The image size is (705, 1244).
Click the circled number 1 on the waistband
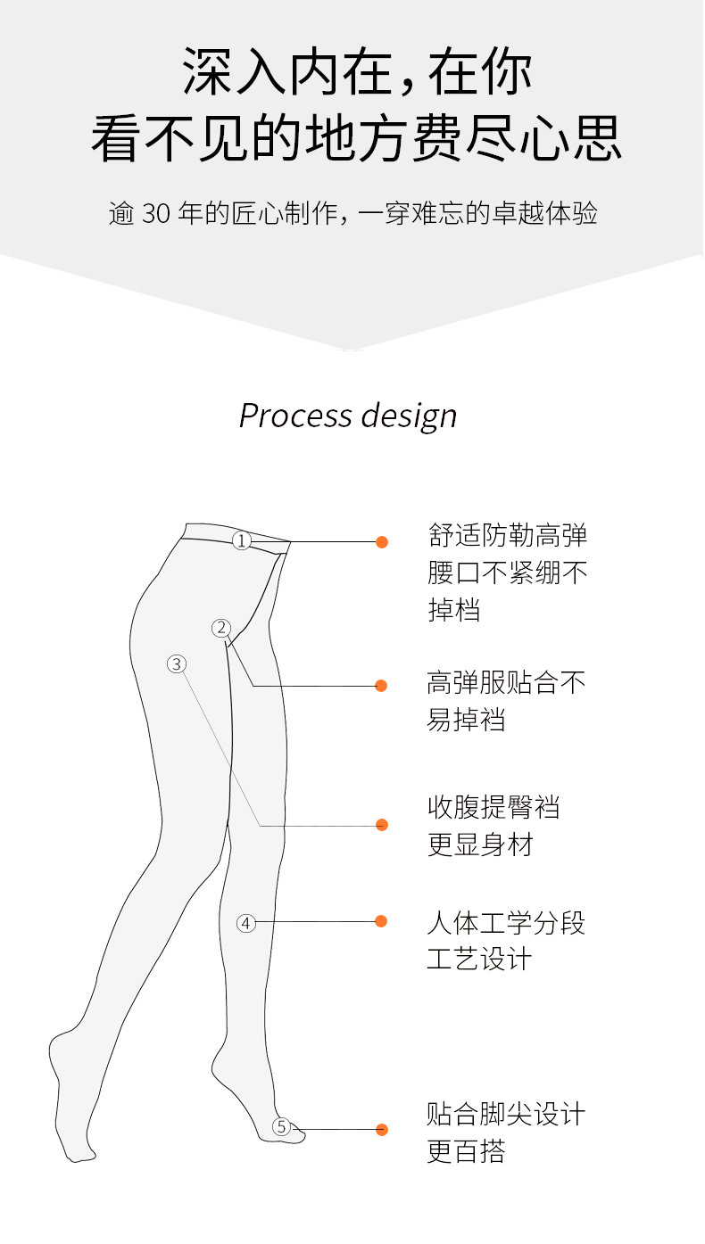click(x=242, y=540)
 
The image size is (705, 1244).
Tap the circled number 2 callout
click(x=221, y=628)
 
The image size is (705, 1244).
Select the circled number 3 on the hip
click(x=177, y=663)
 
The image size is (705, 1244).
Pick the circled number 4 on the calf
click(x=246, y=923)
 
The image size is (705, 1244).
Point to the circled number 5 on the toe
click(x=282, y=1127)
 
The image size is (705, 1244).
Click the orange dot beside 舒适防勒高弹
click(x=382, y=541)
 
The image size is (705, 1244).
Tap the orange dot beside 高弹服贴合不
click(x=381, y=686)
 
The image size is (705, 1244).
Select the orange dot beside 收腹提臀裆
click(x=382, y=825)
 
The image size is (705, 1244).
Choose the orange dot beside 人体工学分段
click(x=382, y=921)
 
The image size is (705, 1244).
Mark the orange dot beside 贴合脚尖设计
click(x=382, y=1130)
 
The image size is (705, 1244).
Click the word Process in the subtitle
click(x=295, y=416)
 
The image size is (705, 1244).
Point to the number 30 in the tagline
click(x=155, y=215)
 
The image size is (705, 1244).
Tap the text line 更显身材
click(x=479, y=844)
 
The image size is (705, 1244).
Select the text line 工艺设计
click(x=479, y=960)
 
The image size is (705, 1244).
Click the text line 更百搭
click(x=466, y=1151)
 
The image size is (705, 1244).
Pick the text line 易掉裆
click(x=466, y=720)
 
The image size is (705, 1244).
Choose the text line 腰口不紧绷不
click(x=507, y=573)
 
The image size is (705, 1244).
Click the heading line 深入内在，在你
click(x=357, y=71)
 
